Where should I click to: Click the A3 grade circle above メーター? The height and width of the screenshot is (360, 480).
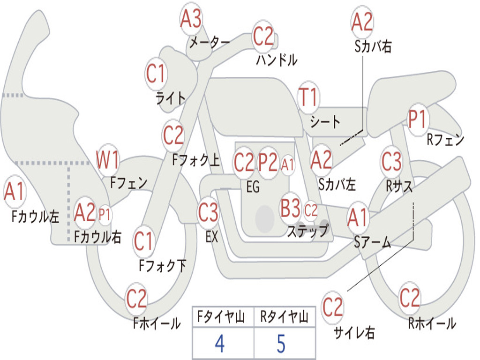click(191, 20)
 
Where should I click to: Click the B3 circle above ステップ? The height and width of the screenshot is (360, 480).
click(290, 208)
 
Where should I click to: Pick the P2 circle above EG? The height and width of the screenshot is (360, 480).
click(269, 163)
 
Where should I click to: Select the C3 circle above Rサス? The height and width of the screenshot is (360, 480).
click(391, 162)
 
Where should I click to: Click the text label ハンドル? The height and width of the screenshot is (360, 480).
click(277, 60)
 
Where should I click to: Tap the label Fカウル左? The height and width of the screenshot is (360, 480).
click(36, 216)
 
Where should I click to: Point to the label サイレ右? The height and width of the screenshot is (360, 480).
click(354, 333)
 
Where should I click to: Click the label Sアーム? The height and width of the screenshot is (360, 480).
click(373, 242)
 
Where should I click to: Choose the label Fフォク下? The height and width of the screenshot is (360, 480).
click(162, 266)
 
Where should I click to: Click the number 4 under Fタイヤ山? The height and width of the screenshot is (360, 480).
click(219, 344)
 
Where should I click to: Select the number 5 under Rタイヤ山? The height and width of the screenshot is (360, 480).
click(281, 344)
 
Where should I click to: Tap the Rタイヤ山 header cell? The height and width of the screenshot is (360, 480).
click(284, 318)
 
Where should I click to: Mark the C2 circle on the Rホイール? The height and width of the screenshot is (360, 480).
click(410, 298)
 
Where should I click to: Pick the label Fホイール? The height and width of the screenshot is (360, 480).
click(157, 323)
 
